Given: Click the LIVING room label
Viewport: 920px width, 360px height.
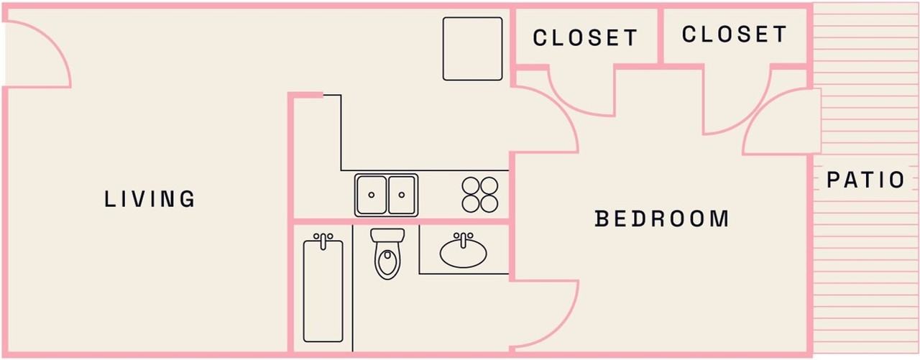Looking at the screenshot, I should [x=149, y=199].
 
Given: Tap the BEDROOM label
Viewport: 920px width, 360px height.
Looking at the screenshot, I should [x=662, y=218].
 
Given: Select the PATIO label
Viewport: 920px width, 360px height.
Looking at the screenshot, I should [x=865, y=180].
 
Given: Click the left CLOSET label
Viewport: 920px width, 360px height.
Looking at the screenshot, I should [x=585, y=37].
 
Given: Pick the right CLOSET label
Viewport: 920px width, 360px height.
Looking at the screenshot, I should [x=734, y=34].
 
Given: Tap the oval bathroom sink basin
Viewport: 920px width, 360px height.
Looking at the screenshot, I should [x=463, y=252].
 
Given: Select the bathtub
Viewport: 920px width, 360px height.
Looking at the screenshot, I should [x=323, y=291].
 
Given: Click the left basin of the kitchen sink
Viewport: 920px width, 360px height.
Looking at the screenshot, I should [x=371, y=195].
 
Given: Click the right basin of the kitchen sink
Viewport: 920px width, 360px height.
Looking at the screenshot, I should [x=402, y=195].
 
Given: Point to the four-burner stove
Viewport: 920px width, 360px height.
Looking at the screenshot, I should [x=480, y=195].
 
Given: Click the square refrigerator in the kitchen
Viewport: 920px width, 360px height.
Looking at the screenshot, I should [x=472, y=49].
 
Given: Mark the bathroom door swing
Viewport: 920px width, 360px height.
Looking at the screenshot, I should [x=544, y=313].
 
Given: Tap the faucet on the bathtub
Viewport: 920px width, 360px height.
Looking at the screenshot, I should [x=323, y=238].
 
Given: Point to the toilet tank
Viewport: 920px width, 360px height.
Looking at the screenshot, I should [x=387, y=236].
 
